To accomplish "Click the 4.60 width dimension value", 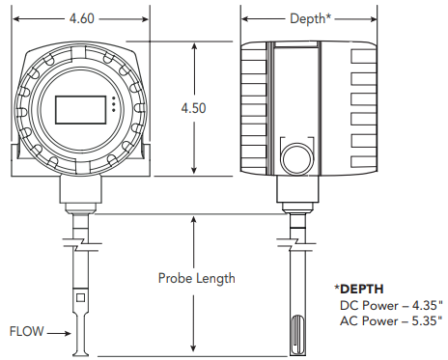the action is point(82,18).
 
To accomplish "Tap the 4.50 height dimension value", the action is point(193,108).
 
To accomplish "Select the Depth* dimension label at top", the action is point(310,18).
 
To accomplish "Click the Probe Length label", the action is point(197,278).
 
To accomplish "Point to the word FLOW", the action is point(26,331).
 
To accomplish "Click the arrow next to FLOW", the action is point(59,333).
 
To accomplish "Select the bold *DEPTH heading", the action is point(359,289).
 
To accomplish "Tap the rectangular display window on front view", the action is point(80,110).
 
